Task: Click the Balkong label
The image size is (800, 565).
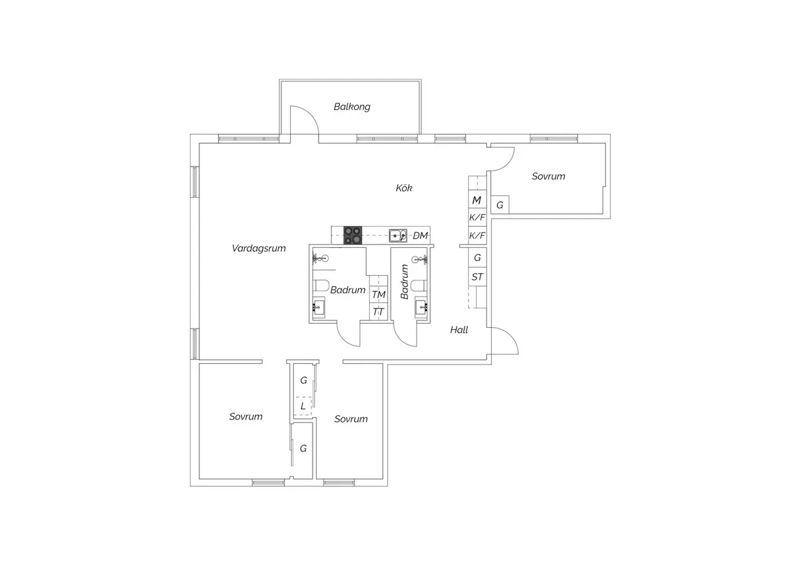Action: [x=352, y=107]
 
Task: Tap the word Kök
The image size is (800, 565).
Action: [x=404, y=189]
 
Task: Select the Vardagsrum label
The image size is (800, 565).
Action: [x=259, y=249]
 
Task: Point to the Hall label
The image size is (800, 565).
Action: [x=459, y=330]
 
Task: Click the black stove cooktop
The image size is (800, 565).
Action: [x=353, y=235]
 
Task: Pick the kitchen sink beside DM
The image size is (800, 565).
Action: [x=399, y=235]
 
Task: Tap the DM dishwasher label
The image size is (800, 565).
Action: [x=420, y=236]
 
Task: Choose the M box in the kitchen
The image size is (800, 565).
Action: [x=477, y=200]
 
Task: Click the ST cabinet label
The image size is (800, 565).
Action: [x=477, y=277]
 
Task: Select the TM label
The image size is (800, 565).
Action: [x=379, y=294]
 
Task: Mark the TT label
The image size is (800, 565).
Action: [x=379, y=311]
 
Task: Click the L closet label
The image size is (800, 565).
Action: [x=303, y=405]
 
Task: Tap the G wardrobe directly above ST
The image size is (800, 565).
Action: [x=477, y=257]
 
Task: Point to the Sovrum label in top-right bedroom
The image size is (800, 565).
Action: [x=548, y=177]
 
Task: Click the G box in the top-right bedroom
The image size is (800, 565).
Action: [x=499, y=205]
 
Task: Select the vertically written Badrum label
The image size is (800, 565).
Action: [x=404, y=281]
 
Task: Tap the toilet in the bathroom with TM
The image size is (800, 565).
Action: [x=321, y=286]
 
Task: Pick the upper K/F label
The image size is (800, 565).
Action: [x=477, y=218]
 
